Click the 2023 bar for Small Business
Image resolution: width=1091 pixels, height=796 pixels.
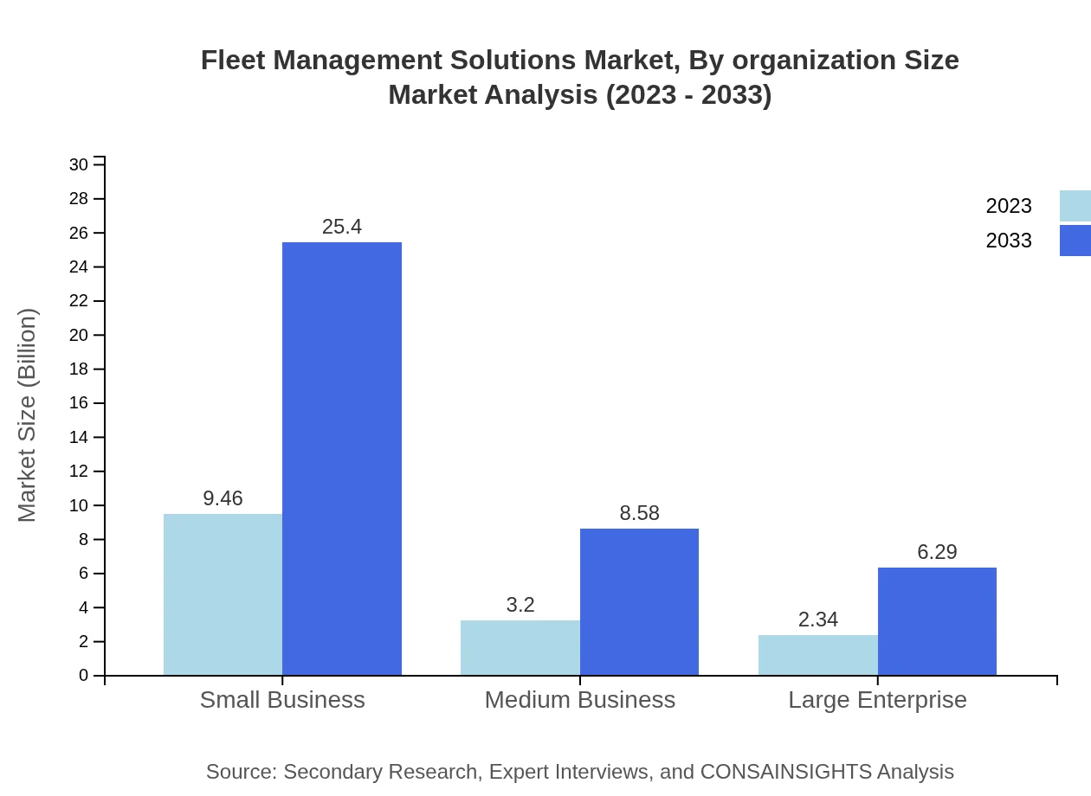tap(223, 594)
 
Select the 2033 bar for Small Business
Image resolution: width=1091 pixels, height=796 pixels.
tap(342, 459)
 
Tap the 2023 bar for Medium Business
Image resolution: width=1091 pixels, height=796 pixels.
tap(520, 647)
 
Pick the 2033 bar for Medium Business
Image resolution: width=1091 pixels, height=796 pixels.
tap(639, 601)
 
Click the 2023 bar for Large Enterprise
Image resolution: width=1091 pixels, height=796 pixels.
tap(818, 655)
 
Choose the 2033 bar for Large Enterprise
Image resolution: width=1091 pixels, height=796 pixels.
tap(937, 621)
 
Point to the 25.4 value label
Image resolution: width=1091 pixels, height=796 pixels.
tap(342, 227)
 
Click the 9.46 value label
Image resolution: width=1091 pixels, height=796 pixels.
tap(223, 498)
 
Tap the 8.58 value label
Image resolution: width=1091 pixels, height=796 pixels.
tap(639, 513)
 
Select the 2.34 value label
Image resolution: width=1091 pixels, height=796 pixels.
tap(818, 619)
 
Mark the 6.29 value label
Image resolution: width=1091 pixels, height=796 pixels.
tap(937, 552)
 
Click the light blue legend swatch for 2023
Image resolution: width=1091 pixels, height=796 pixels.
tap(1075, 206)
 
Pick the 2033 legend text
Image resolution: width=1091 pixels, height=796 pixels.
tap(1009, 241)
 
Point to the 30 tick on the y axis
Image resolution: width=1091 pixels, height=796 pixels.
tap(79, 164)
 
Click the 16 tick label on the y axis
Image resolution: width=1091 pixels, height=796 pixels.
tap(79, 403)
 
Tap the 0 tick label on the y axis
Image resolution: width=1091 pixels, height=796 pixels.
tap(84, 676)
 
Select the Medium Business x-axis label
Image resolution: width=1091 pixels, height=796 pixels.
tap(579, 700)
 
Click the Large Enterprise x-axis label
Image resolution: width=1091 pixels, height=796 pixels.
tap(877, 700)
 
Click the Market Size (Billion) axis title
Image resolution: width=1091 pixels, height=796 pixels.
tap(28, 415)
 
